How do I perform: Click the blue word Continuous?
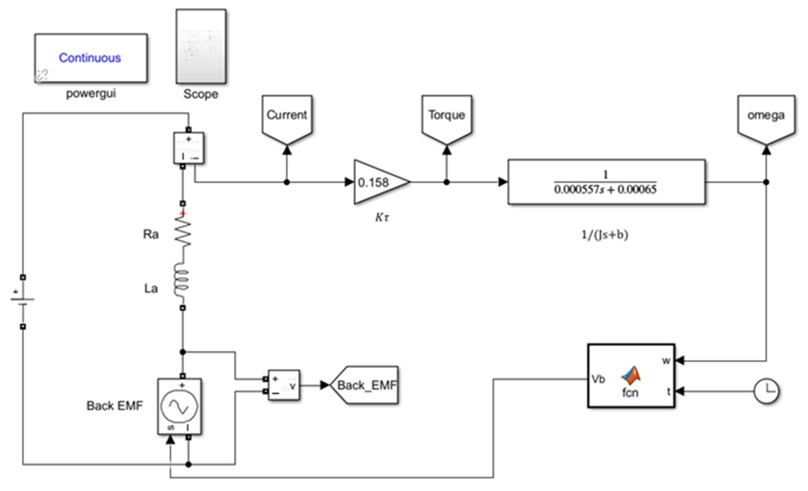point(90,58)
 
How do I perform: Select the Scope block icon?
point(201,46)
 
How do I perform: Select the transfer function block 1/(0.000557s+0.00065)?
point(606,182)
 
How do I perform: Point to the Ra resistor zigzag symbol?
point(183,233)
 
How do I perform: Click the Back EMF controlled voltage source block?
point(179,406)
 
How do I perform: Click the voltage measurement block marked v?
point(284,385)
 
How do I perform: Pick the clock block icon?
point(766,391)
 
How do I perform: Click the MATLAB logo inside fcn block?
point(631,376)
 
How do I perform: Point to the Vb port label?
point(598,379)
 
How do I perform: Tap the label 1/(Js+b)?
point(604,235)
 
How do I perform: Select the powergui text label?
point(91,94)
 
